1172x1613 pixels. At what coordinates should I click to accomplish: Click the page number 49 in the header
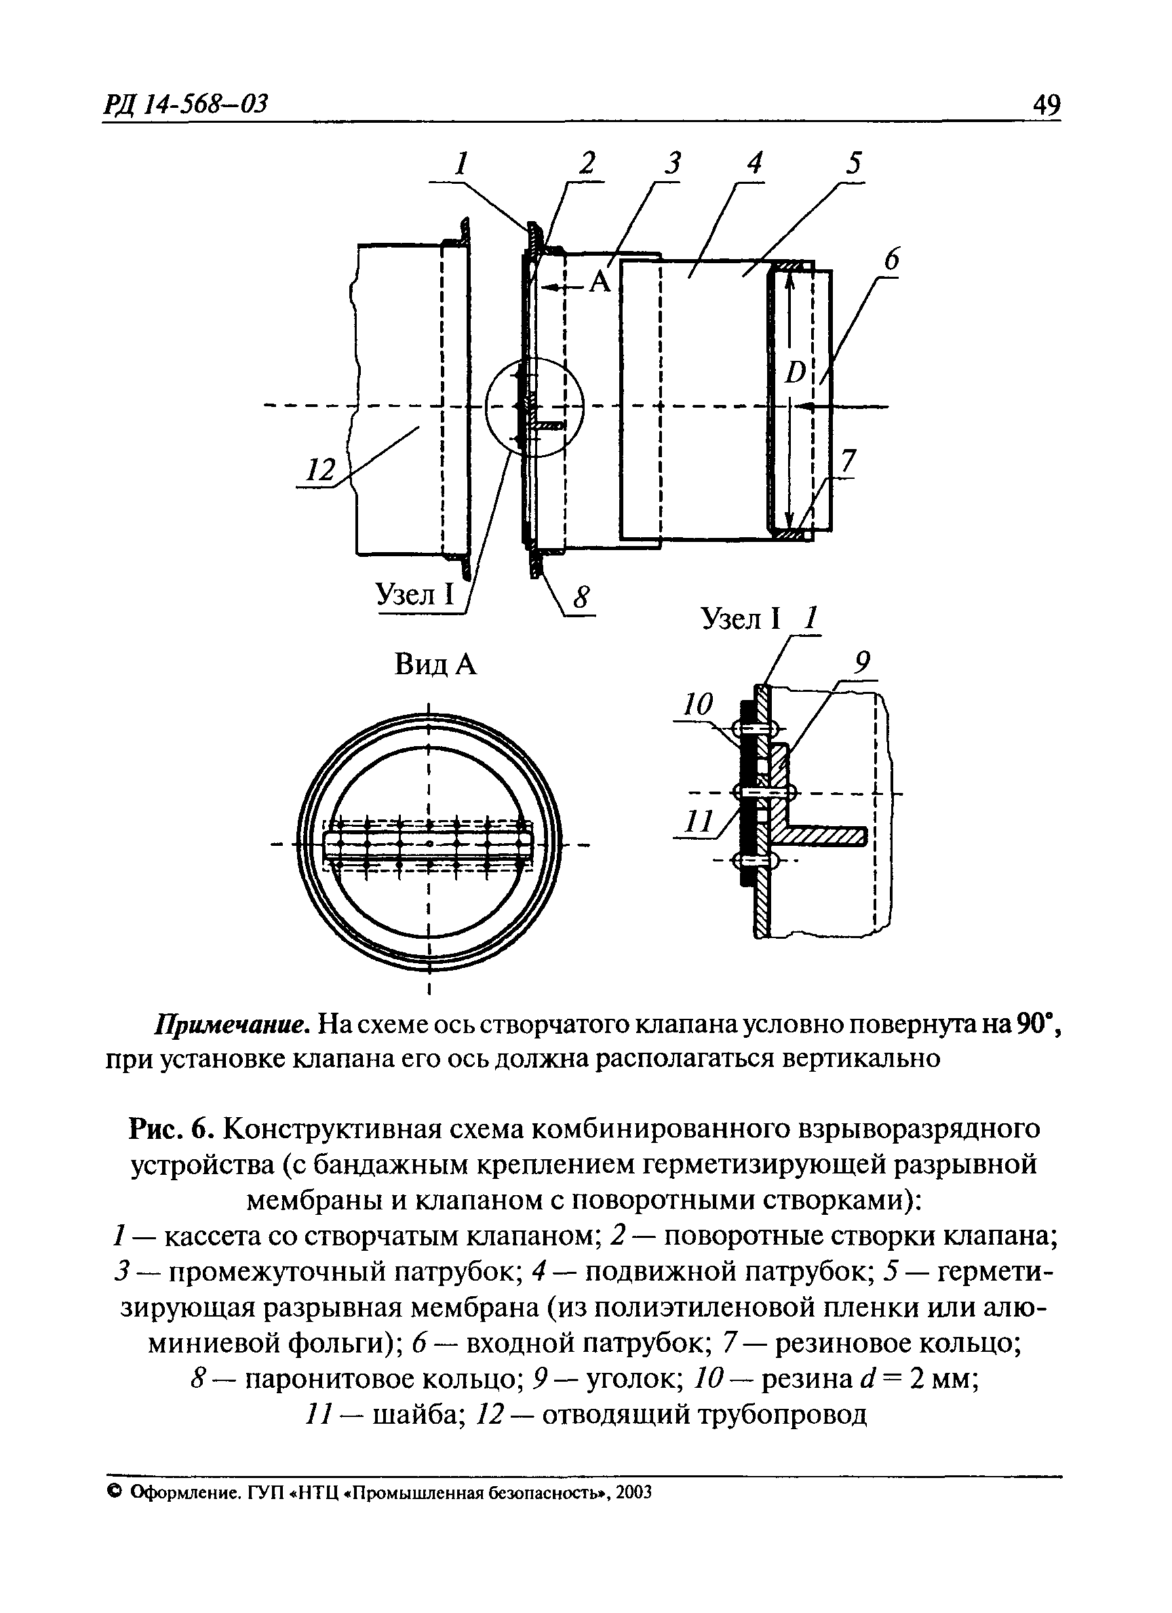1046,106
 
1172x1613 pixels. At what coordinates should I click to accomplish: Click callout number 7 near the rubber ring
846,463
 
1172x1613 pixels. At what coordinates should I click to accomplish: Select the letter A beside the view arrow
601,283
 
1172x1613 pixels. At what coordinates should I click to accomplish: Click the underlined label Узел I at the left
414,594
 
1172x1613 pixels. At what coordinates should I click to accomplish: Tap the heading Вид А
435,665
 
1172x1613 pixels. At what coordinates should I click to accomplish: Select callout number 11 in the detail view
697,823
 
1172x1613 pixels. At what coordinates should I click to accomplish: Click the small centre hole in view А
429,844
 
